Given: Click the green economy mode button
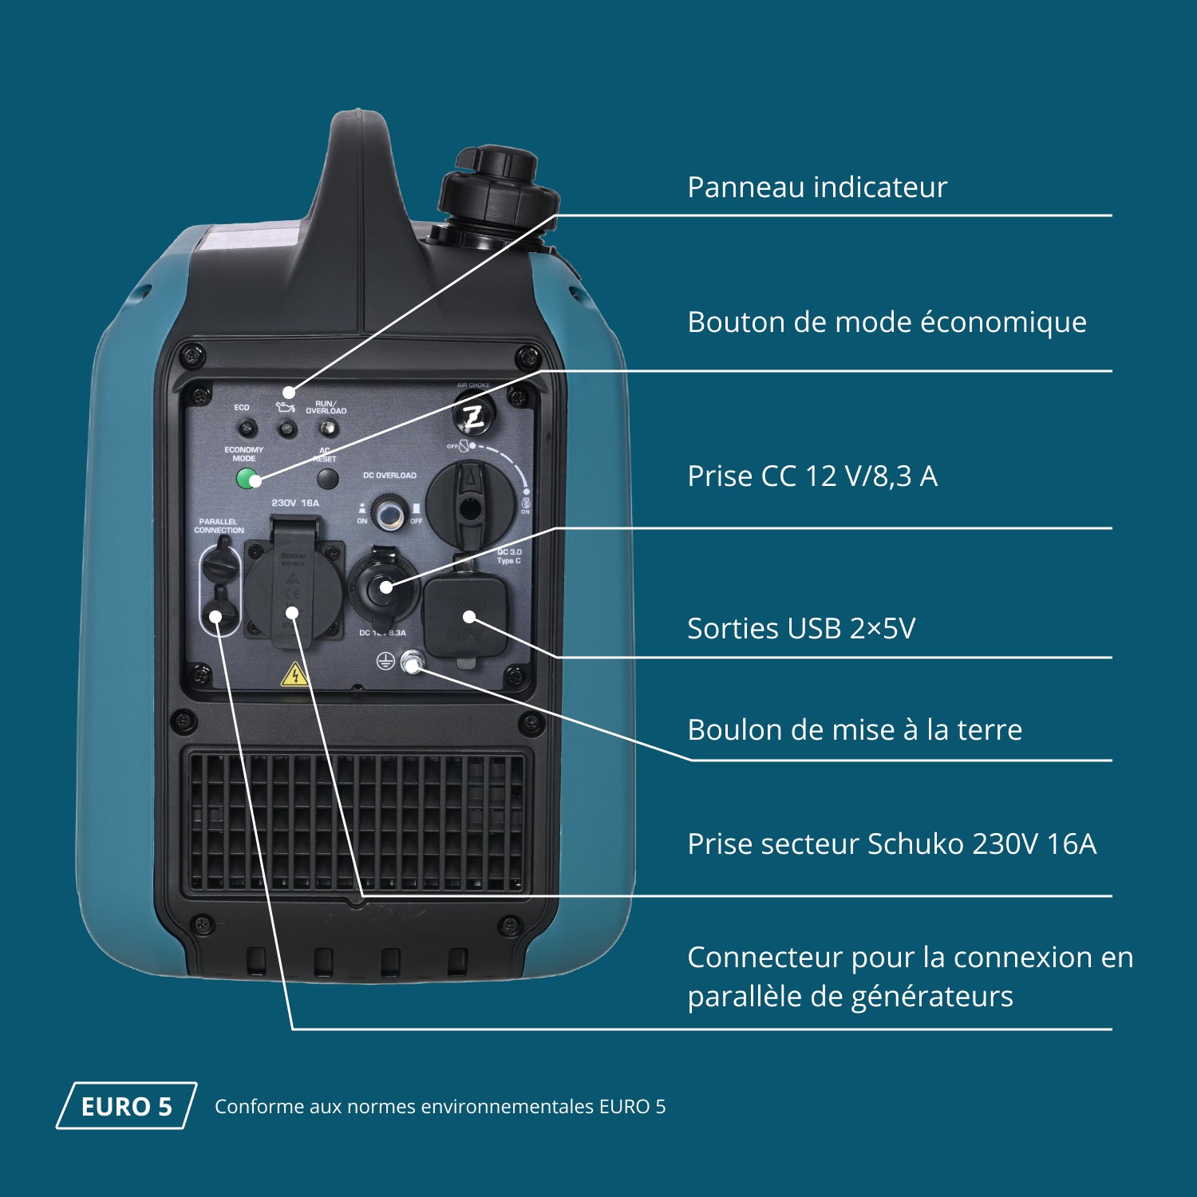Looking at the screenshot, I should click(249, 480).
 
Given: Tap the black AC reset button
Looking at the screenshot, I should click(327, 479).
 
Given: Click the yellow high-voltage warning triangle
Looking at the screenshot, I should click(294, 675).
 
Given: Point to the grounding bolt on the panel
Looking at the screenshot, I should click(412, 662).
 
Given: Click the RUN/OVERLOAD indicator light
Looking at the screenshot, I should click(326, 429).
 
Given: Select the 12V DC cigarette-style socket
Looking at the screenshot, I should click(383, 587).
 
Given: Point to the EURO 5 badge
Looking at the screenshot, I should click(126, 1106).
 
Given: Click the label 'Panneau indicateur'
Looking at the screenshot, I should click(816, 188).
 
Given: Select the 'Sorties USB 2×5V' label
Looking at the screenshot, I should click(801, 629).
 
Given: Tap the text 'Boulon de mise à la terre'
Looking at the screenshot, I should click(855, 730).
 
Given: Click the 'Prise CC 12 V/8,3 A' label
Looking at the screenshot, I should click(812, 476).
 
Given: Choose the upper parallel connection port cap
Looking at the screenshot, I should click(219, 563).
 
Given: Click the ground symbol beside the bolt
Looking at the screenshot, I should click(385, 661).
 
